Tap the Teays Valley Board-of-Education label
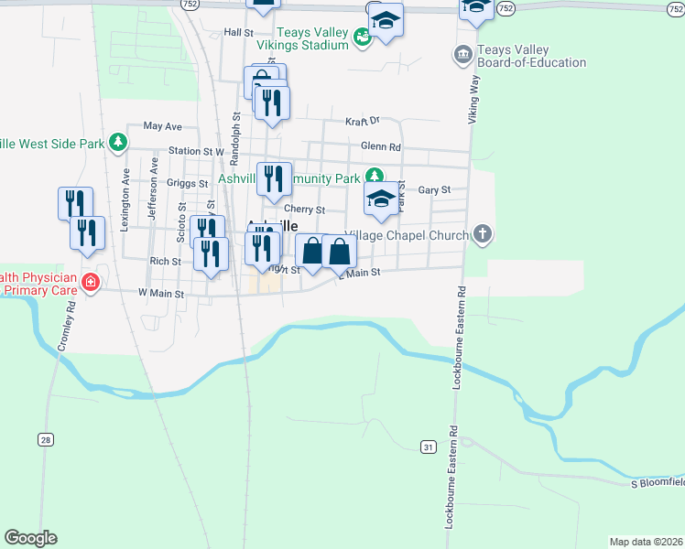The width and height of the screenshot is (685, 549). coord(531,56)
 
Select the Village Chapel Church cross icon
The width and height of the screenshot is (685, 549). coord(484,235)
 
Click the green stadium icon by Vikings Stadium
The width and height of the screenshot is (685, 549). coord(363,38)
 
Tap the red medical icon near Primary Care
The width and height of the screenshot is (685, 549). coord(90,282)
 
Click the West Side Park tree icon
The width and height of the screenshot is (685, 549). coord(117,143)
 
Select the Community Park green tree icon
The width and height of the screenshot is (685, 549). coord(374,178)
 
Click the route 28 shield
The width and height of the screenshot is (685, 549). coord(46,439)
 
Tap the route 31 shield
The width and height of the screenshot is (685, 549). coord(428,446)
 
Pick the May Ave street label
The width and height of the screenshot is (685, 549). coord(163,126)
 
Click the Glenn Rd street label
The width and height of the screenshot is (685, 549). coord(381,146)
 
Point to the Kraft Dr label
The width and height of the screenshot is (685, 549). coord(363,121)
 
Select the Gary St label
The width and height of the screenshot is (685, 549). coord(434,189)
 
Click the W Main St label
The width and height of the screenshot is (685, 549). coord(161,294)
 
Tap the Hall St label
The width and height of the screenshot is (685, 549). coord(238,32)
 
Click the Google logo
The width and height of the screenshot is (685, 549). coord(30,538)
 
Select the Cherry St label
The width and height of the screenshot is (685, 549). coord(308,210)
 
